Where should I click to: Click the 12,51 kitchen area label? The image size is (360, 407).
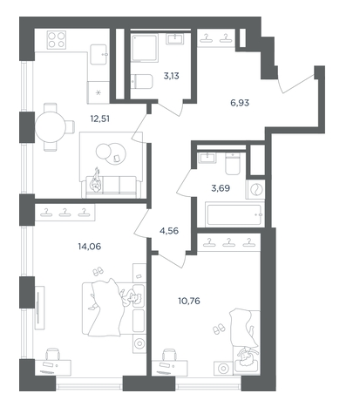click(100, 119)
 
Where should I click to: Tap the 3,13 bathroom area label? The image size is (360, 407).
click(172, 76)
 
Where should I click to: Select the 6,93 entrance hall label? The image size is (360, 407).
click(240, 103)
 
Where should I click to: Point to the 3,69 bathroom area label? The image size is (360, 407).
click(221, 188)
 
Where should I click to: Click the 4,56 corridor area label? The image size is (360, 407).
click(169, 231)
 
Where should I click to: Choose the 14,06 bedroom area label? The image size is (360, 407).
click(90, 247)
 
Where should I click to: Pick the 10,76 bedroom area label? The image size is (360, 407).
click(189, 301)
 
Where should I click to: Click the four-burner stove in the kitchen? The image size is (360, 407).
click(57, 40)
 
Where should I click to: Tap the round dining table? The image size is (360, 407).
click(51, 127)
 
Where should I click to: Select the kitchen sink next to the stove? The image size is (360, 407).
click(98, 54)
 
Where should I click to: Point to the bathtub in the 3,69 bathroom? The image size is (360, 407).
click(234, 214)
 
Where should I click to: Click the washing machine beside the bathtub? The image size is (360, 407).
click(255, 190)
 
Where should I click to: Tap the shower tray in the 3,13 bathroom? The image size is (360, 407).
click(145, 48)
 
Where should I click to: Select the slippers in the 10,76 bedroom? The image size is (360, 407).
click(219, 329)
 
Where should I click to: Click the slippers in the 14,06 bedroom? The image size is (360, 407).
click(98, 271)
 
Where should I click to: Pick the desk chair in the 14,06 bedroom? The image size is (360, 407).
click(53, 354)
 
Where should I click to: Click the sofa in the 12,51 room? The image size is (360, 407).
click(111, 187)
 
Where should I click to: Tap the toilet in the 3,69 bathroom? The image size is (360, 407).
click(233, 164)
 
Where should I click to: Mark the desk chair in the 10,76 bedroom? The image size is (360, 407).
click(170, 355)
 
